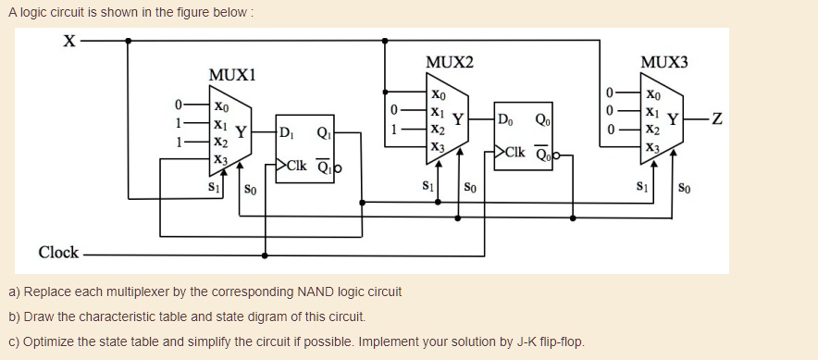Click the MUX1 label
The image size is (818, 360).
pyautogui.click(x=232, y=75)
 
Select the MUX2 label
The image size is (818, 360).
pyautogui.click(x=449, y=62)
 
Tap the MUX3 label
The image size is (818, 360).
pyautogui.click(x=664, y=62)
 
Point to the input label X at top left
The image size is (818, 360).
pyautogui.click(x=68, y=42)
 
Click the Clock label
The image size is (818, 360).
pyautogui.click(x=58, y=253)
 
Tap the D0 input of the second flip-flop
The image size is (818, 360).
pyautogui.click(x=503, y=118)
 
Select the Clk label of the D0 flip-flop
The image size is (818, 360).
pyautogui.click(x=515, y=152)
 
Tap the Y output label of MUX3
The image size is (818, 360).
pyautogui.click(x=673, y=118)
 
